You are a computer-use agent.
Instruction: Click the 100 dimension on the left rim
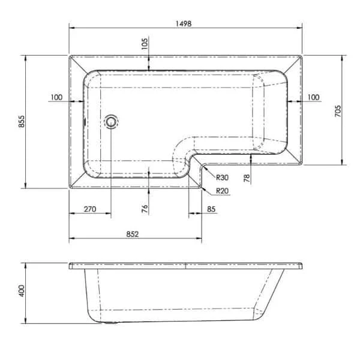click(57, 97)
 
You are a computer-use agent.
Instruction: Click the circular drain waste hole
click(112, 122)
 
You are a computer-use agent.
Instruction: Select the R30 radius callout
click(222, 178)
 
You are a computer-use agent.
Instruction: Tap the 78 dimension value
click(246, 178)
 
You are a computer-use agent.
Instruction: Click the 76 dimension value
click(144, 209)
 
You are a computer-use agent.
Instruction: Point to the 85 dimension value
click(211, 209)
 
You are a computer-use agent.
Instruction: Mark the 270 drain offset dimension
click(89, 209)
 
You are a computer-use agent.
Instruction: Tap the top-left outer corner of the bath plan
click(70, 56)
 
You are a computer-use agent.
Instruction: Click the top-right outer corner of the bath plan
click(302, 56)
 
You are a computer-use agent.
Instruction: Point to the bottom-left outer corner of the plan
click(70, 188)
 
